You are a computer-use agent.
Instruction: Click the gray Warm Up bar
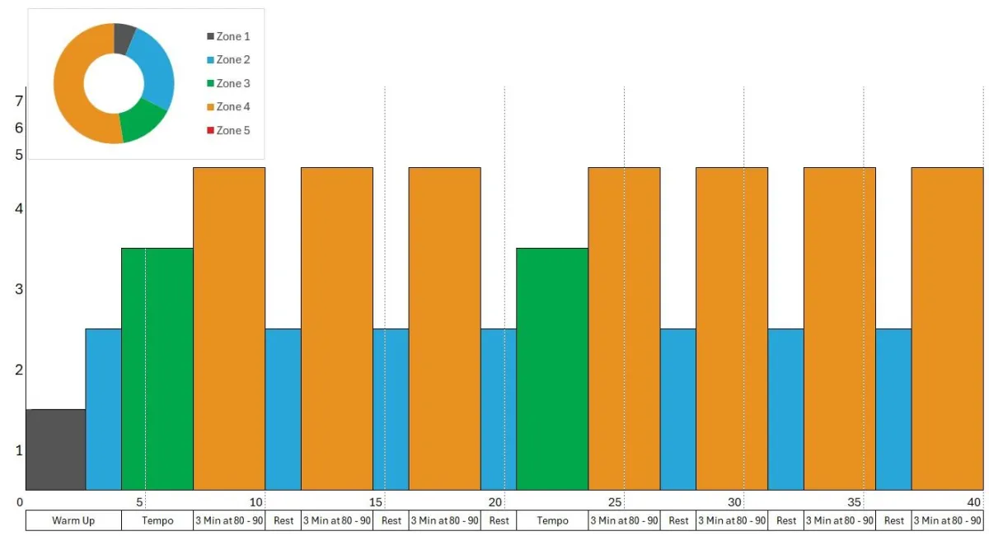(x=55, y=450)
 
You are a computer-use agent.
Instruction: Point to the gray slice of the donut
(x=124, y=37)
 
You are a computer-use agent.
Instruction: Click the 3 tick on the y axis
(x=19, y=289)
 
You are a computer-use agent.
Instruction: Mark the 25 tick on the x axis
(x=615, y=502)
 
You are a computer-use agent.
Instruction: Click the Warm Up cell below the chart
(x=73, y=520)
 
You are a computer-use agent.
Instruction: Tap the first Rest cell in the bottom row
(x=283, y=520)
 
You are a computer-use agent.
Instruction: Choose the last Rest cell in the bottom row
(x=893, y=520)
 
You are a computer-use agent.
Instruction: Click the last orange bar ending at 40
(x=947, y=329)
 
